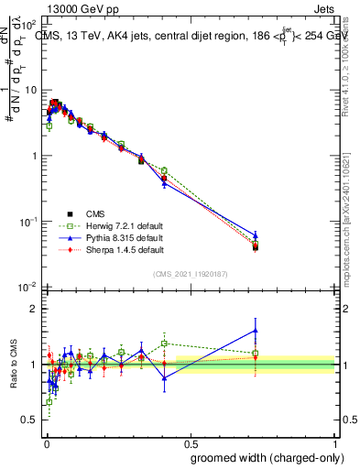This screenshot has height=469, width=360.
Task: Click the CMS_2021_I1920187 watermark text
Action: [x=190, y=273]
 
